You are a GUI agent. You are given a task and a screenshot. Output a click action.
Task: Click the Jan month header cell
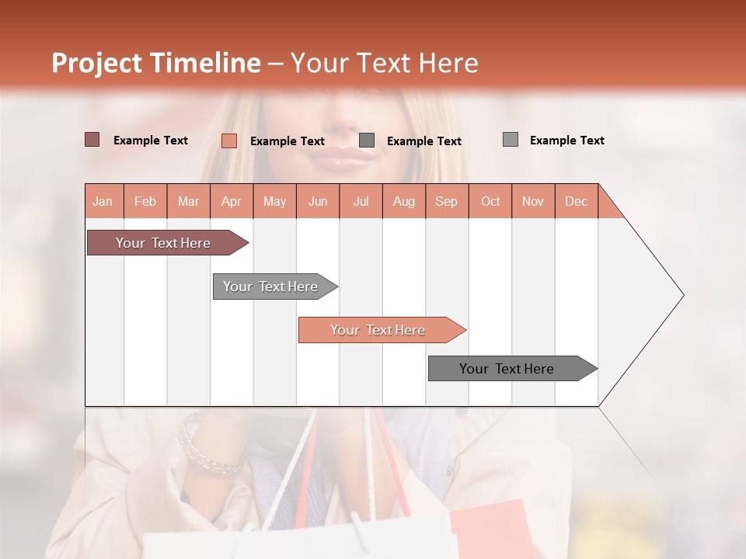pos(103,201)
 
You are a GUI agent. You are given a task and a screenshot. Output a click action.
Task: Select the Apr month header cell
pos(232,201)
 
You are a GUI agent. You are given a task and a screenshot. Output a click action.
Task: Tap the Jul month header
pos(361,201)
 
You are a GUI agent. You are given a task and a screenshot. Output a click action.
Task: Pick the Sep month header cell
pos(447,201)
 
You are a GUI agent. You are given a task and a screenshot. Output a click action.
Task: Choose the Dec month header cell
pos(576,201)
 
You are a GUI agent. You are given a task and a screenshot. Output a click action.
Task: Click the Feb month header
pos(145,201)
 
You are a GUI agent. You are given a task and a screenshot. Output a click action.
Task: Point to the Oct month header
pos(490,201)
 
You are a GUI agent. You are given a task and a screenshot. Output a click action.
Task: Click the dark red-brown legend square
pos(92,140)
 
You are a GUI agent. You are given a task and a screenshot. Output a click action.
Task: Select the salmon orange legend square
pos(229,141)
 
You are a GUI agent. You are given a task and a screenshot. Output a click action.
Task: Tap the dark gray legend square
pos(367,141)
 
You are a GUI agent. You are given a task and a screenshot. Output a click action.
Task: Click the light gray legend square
pos(511,140)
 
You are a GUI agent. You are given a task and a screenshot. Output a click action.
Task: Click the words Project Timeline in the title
pos(156,63)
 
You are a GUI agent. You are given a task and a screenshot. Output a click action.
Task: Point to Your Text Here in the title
pos(384,63)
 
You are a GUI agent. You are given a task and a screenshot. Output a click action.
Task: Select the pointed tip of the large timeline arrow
pos(682,295)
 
